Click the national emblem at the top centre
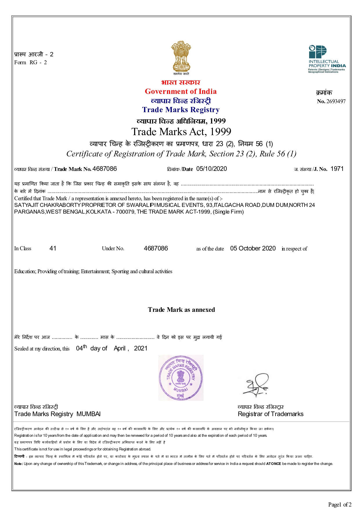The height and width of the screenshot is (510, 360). point(181,57)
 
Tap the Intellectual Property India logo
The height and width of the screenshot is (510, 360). point(327,59)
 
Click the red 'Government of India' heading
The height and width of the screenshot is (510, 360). point(181,92)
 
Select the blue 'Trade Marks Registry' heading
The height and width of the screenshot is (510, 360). point(181,110)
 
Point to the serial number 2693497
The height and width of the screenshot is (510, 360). point(336,101)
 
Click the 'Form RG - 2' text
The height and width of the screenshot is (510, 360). point(30,62)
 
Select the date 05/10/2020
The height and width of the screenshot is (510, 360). point(211,169)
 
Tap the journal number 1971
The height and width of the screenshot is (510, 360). point(337,169)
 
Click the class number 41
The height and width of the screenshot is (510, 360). point(53,248)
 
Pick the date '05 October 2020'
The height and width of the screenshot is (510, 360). point(253,248)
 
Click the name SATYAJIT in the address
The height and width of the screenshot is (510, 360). point(26,205)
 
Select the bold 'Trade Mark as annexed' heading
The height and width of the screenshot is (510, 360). point(181,310)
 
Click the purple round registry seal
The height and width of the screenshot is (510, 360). point(181,378)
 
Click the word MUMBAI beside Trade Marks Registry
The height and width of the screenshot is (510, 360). point(89,414)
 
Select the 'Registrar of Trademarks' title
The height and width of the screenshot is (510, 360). point(270,414)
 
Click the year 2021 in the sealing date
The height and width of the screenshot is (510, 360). point(141,348)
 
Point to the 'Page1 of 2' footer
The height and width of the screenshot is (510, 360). point(339,504)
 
